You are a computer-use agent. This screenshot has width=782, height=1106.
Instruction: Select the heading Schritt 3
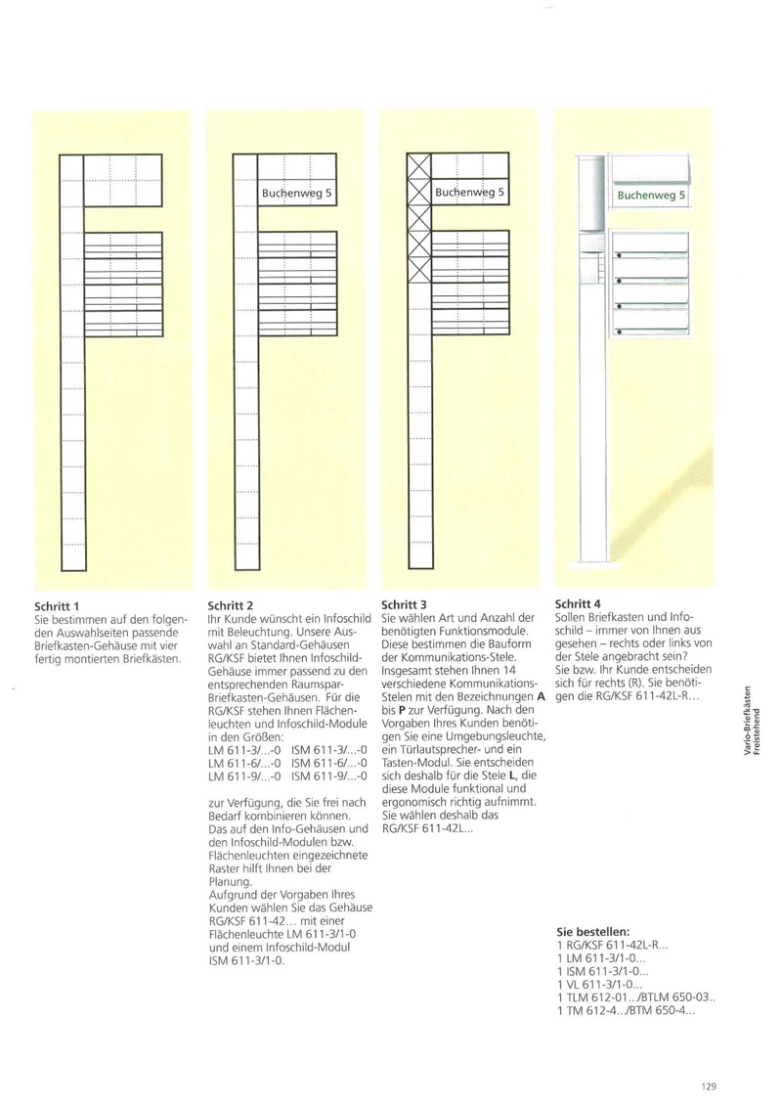(x=404, y=605)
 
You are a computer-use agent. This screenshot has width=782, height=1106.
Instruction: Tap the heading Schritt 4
(x=578, y=603)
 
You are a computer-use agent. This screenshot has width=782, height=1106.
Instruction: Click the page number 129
(x=710, y=1084)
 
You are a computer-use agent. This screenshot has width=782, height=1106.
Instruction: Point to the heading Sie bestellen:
(x=592, y=932)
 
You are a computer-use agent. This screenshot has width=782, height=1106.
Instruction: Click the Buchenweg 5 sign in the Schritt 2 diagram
(x=297, y=193)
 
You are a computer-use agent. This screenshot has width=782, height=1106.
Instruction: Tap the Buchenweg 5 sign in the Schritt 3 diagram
(x=469, y=193)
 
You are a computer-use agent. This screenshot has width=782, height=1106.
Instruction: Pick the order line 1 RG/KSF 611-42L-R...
(x=612, y=946)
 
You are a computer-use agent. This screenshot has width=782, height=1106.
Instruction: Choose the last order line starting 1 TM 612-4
(x=626, y=1010)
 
